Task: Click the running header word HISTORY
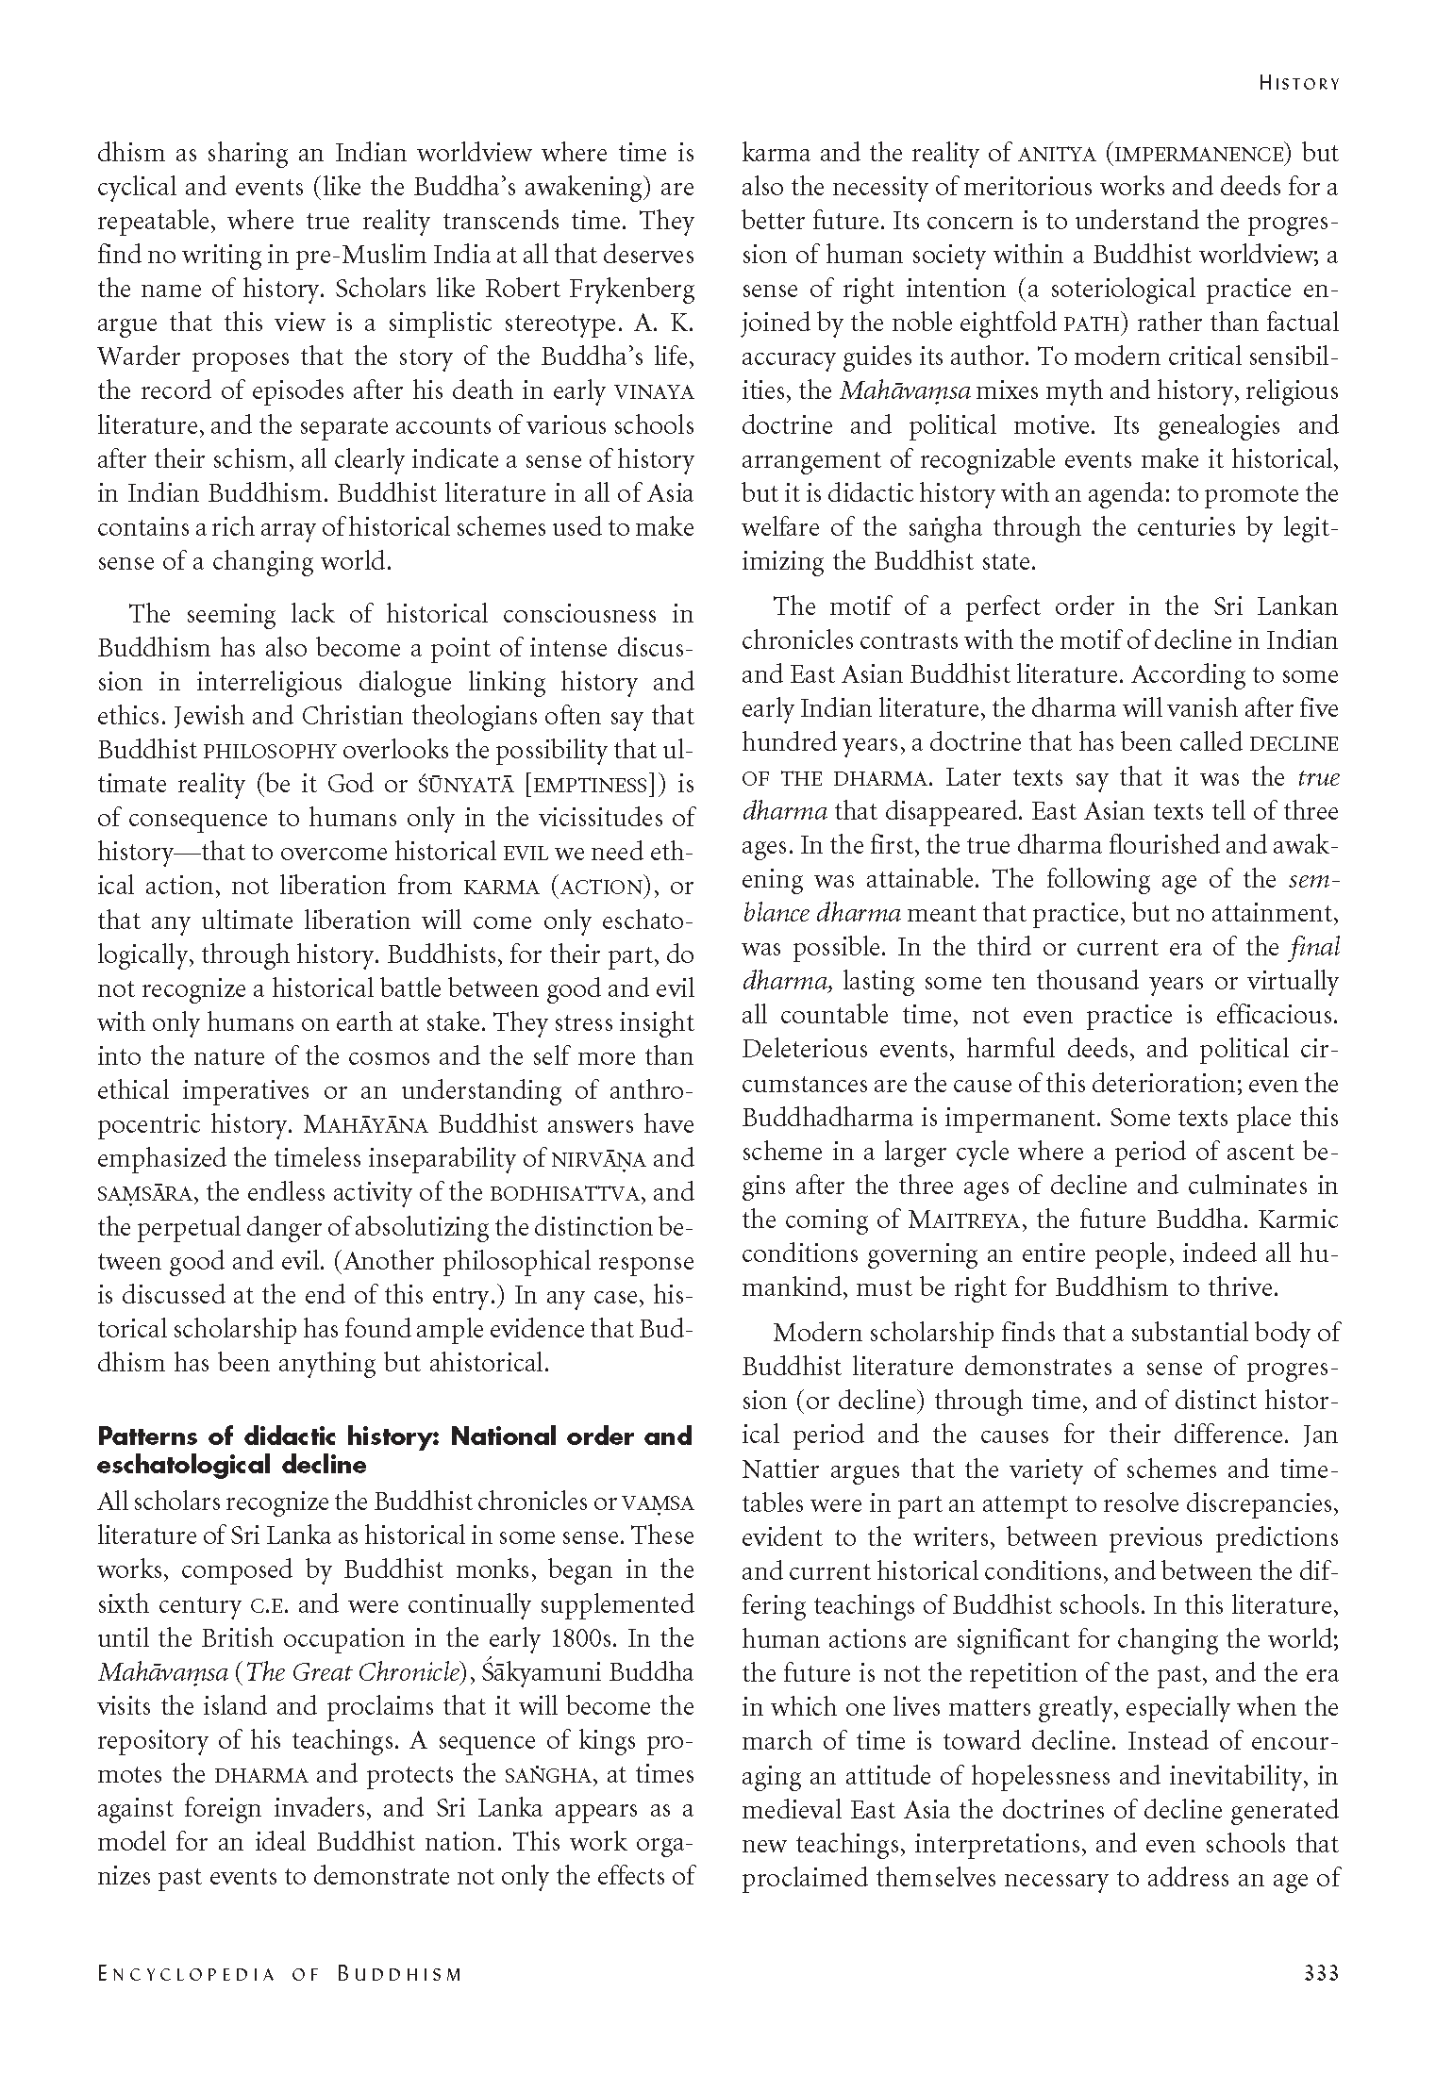[x=1298, y=83]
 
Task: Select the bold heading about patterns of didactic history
[x=394, y=1451]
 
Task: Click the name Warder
[x=142, y=357]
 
